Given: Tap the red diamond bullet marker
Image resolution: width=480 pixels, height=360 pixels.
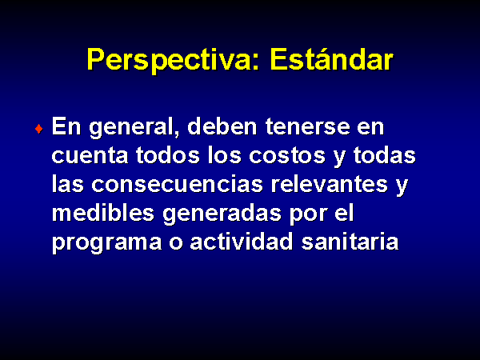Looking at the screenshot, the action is [38, 129].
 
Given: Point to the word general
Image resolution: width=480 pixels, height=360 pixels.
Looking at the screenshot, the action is [134, 127].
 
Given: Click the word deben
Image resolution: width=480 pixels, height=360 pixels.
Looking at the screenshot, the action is [222, 126].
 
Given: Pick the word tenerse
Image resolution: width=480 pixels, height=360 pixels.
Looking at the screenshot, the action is [307, 127].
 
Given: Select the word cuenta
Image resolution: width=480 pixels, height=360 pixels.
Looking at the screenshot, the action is [90, 155].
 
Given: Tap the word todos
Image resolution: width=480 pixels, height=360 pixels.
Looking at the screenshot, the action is [168, 154].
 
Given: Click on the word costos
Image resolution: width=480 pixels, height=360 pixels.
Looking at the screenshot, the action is [287, 155].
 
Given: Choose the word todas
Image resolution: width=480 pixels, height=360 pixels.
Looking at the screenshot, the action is [385, 154].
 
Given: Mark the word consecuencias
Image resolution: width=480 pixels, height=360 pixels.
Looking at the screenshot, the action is [177, 184].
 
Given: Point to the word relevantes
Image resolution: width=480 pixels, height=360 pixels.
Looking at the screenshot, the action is [330, 184].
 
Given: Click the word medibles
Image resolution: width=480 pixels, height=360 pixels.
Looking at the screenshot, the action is [103, 212].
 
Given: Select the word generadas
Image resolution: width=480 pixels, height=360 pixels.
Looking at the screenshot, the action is [222, 214].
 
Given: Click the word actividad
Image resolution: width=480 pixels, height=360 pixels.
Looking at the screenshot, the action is [242, 242].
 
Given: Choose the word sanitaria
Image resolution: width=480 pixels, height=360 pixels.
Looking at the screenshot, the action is [350, 242].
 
